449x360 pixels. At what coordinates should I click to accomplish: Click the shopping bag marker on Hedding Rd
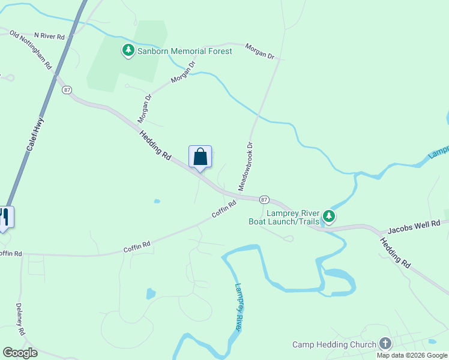[200, 157]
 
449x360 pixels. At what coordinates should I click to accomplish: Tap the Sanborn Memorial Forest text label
[184, 51]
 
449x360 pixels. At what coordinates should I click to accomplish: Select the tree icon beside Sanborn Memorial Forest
[128, 50]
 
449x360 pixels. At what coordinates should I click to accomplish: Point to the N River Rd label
[49, 37]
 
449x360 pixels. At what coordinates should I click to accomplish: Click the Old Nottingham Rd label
[31, 50]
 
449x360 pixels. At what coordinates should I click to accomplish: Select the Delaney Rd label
[20, 319]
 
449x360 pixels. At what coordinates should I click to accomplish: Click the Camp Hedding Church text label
[334, 344]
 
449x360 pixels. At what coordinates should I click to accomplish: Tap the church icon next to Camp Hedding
[385, 344]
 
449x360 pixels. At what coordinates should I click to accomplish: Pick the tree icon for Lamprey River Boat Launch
[328, 216]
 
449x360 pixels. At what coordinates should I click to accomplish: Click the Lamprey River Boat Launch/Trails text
[284, 217]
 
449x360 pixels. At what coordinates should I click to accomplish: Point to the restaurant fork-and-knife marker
[4, 217]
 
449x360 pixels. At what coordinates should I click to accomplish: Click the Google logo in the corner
[20, 353]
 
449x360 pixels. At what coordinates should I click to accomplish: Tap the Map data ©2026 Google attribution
[412, 355]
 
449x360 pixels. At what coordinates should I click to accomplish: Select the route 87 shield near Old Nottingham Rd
[66, 90]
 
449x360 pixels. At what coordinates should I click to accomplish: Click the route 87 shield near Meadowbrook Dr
[264, 199]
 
